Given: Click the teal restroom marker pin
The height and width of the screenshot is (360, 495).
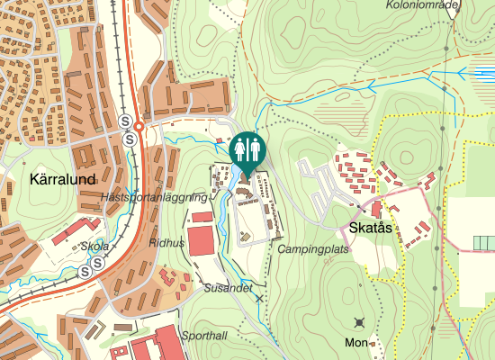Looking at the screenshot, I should (x=247, y=150).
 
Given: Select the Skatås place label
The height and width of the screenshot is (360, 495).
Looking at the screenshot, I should (x=371, y=228).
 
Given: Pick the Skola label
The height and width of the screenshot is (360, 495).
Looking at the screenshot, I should (x=94, y=246).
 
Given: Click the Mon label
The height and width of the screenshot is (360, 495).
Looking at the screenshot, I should (x=356, y=343).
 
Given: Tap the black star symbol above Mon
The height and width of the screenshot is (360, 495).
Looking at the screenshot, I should (x=361, y=322).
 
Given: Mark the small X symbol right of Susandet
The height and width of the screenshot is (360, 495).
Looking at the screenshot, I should (x=260, y=297).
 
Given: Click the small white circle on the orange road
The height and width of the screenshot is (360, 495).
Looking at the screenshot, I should (x=139, y=128).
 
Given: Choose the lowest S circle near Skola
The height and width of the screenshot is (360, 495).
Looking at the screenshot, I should (x=85, y=271).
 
